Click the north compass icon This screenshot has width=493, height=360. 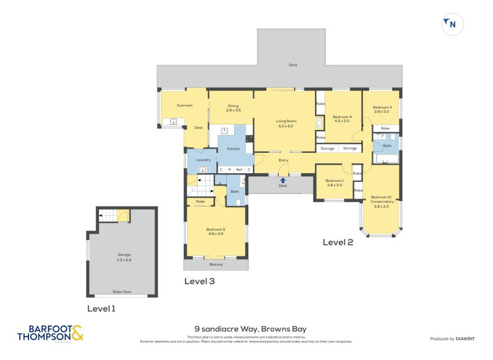pyautogui.click(x=452, y=24)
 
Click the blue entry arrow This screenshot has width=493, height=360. pyautogui.click(x=283, y=180)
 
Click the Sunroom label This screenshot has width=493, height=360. pyautogui.click(x=185, y=105)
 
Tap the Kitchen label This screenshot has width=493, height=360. pyautogui.click(x=234, y=149)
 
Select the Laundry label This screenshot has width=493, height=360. pyautogui.click(x=203, y=160)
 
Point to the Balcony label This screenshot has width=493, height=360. pyautogui.click(x=216, y=264)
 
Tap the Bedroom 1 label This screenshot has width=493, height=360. pyautogui.click(x=335, y=182)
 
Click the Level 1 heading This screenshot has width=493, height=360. pyautogui.click(x=101, y=308)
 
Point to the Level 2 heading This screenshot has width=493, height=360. pyautogui.click(x=338, y=242)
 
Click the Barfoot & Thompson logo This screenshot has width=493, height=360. pyautogui.click(x=49, y=333)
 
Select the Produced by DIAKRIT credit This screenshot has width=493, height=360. pyautogui.click(x=455, y=339)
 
